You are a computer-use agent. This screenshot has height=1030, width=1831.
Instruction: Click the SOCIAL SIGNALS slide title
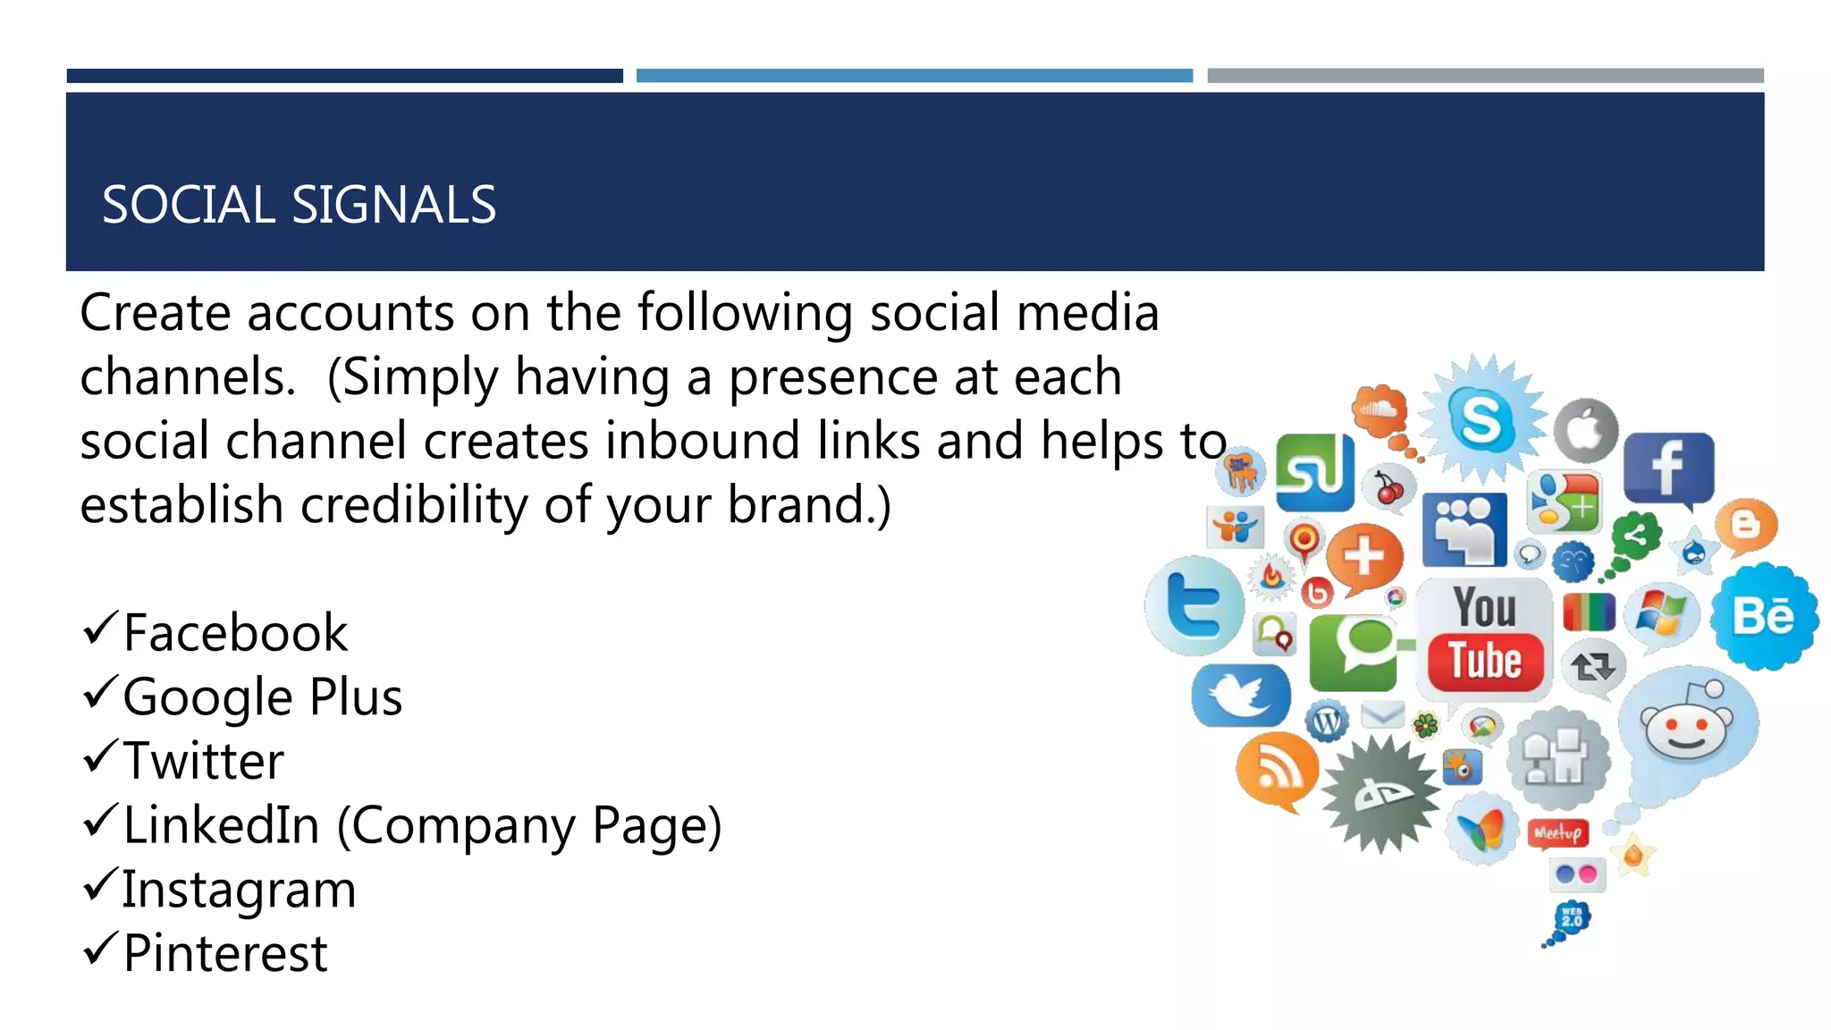[299, 205]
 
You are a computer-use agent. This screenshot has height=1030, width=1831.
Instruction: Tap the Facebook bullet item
[234, 633]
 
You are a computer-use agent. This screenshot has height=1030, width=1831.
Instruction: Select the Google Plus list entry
[262, 697]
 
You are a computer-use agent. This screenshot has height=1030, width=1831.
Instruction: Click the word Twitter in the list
[203, 761]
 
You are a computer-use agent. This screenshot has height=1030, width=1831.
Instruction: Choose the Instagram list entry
[239, 890]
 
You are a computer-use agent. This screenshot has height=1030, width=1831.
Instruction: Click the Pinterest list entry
[225, 953]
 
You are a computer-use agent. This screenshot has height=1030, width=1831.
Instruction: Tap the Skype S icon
[1481, 419]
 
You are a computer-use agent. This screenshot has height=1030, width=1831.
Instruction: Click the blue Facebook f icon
[1668, 468]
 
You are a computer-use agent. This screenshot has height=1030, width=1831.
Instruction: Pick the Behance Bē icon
[1763, 616]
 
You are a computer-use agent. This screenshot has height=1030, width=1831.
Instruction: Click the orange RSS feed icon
[1276, 768]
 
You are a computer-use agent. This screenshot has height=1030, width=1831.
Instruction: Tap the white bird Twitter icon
[1240, 696]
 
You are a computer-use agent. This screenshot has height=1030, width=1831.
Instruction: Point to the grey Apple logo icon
[1586, 431]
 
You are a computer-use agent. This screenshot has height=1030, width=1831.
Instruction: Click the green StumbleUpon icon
[1313, 473]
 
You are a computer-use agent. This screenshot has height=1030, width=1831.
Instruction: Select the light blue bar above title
[914, 76]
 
